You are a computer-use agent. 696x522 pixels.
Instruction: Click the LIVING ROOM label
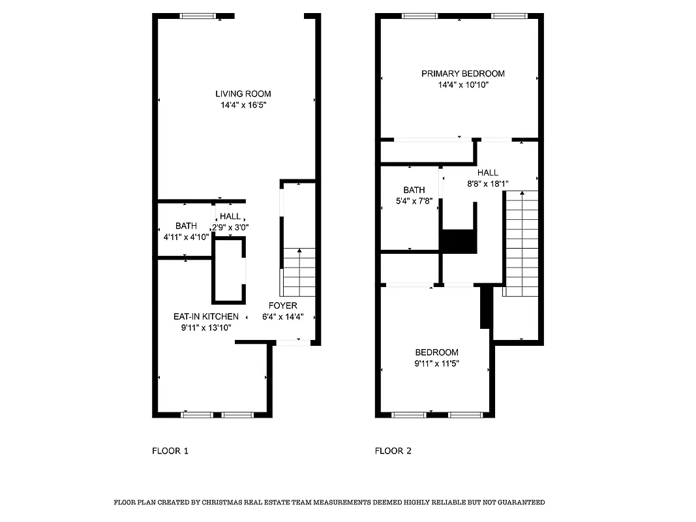coord(243,94)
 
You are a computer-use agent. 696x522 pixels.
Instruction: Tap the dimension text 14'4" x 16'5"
coord(243,105)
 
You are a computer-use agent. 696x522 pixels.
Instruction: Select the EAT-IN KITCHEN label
coord(205,316)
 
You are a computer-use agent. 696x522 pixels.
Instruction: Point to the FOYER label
coord(283,305)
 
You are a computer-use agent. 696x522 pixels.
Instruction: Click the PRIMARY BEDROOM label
coord(462,74)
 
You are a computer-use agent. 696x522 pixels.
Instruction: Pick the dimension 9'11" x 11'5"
coord(436,363)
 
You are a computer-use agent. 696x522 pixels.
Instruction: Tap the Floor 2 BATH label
coord(414,190)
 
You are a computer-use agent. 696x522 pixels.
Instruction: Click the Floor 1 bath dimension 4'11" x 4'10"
coord(186,237)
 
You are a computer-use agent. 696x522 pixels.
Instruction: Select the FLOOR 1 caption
coord(170,450)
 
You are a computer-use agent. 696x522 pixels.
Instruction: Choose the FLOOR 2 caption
coord(393,450)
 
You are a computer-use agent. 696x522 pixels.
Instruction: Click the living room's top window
coord(199,16)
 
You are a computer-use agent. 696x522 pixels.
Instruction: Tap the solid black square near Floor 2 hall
coord(460,241)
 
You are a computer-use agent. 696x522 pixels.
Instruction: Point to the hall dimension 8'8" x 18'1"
coord(487,184)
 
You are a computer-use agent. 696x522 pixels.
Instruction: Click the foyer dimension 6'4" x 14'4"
coord(283,317)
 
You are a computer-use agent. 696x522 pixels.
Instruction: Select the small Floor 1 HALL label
coord(230,217)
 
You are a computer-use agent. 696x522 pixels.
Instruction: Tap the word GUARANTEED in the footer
coord(518,502)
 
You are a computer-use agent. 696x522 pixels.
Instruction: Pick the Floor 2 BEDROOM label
coord(436,352)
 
